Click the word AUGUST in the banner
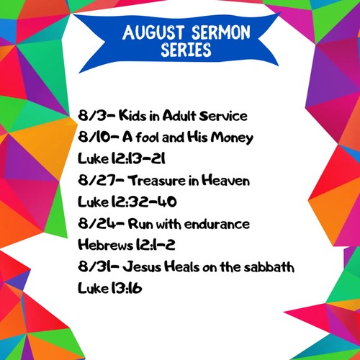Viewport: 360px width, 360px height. (x=153, y=32)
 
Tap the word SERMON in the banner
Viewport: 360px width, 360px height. (x=221, y=32)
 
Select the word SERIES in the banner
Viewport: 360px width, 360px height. (x=186, y=50)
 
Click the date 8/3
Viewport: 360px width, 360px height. (x=92, y=115)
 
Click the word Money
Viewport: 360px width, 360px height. (x=232, y=138)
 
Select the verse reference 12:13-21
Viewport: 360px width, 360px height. (x=138, y=158)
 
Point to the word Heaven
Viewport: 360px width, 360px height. (x=225, y=180)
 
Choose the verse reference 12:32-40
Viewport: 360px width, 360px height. (x=144, y=202)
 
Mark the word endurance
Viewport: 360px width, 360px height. (x=217, y=224)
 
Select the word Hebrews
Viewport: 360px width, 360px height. (x=106, y=245)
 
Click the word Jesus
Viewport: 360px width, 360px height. (x=142, y=266)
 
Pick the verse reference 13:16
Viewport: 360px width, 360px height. (x=127, y=288)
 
